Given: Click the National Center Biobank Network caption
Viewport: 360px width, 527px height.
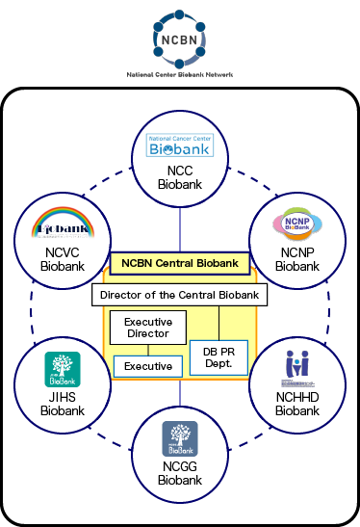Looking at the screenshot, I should pyautogui.click(x=180, y=74).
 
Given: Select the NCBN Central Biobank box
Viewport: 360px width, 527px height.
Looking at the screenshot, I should pyautogui.click(x=180, y=262).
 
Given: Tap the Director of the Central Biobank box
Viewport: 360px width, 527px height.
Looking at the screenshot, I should pyautogui.click(x=180, y=294).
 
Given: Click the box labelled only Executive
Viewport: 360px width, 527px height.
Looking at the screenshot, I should pyautogui.click(x=146, y=366).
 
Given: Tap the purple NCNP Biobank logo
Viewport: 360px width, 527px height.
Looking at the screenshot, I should pyautogui.click(x=297, y=224).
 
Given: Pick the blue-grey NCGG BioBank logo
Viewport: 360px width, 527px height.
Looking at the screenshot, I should pyautogui.click(x=180, y=437).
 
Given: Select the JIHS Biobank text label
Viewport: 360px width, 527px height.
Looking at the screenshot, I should pyautogui.click(x=62, y=403).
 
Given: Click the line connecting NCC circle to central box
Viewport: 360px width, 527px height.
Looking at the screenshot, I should pyautogui.click(x=180, y=231).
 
